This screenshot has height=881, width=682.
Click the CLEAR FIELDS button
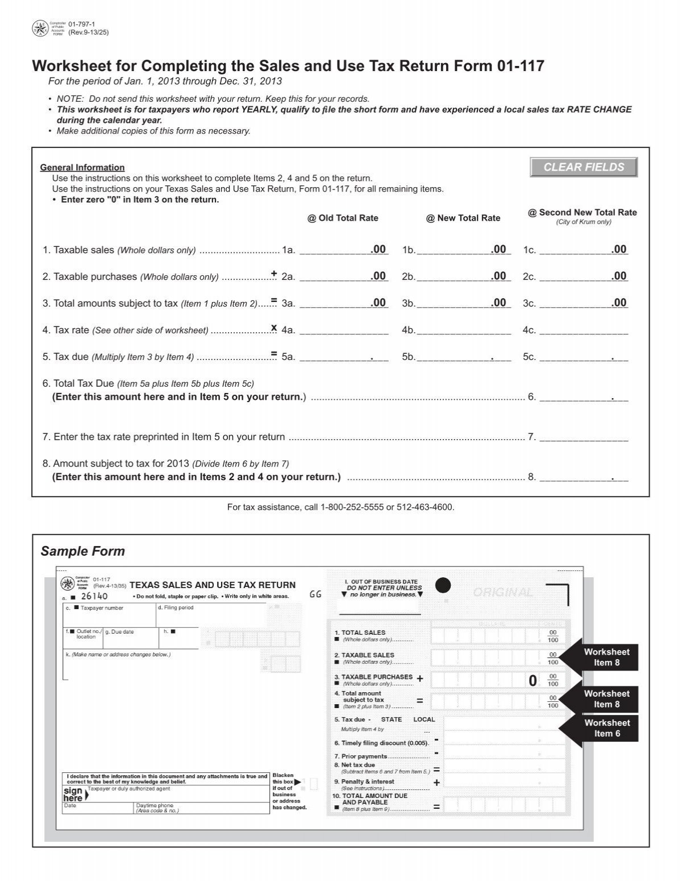(584, 167)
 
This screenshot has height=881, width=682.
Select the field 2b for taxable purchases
(463, 276)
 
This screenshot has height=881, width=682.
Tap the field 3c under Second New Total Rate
(583, 303)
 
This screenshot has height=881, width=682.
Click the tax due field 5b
(463, 357)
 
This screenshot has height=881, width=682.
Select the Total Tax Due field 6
(583, 397)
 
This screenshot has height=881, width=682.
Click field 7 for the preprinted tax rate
(583, 437)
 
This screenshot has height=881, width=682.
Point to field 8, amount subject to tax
(583, 477)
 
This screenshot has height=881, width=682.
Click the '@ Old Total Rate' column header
(343, 218)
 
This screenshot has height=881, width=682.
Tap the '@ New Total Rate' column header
(463, 218)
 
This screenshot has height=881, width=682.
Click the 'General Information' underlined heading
(82, 167)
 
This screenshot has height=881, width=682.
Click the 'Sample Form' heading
(83, 551)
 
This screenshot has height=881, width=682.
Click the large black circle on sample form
(443, 585)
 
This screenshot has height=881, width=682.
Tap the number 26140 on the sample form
(94, 596)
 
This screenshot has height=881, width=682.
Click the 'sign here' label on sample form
(73, 794)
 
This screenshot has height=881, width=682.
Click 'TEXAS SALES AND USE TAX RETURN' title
(213, 585)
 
